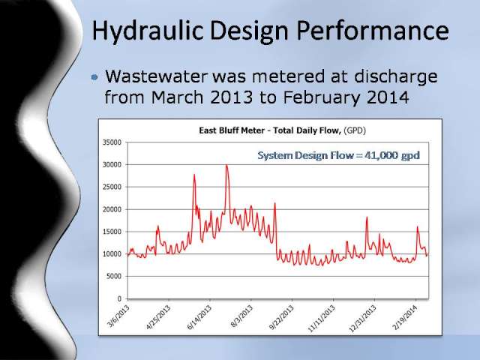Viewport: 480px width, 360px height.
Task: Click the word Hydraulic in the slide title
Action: [x=147, y=31]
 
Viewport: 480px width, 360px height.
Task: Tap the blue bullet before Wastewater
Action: [x=94, y=76]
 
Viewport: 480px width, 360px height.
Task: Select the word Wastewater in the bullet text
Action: [x=157, y=76]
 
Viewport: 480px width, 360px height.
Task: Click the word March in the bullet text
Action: [x=177, y=97]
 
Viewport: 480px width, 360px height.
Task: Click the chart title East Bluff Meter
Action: [x=232, y=130]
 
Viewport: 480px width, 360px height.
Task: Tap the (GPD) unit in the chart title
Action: [x=355, y=130]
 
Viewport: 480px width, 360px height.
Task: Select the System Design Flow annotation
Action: [x=338, y=155]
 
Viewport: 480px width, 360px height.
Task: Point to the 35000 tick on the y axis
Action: [x=112, y=142]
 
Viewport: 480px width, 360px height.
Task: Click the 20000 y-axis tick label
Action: [x=112, y=209]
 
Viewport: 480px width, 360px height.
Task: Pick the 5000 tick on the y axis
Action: [x=114, y=277]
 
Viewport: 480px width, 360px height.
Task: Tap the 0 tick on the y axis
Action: [x=120, y=298]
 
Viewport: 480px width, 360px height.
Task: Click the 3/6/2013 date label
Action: [x=119, y=316]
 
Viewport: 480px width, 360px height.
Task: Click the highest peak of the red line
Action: [x=226, y=165]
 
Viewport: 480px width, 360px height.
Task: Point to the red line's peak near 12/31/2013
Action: [x=367, y=217]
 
